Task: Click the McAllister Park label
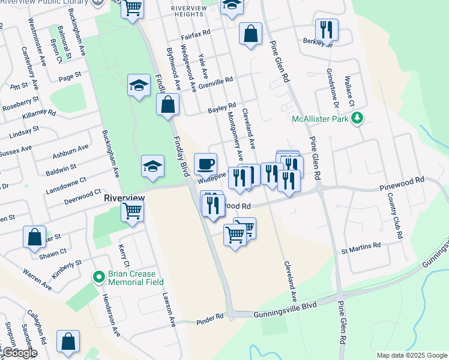pos(320,119)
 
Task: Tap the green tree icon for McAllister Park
pos(358,118)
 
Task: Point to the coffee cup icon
pos(206,164)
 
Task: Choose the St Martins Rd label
pos(361,245)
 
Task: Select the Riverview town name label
pos(124,197)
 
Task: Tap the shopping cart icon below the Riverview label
pos(132,211)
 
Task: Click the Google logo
pos(19,353)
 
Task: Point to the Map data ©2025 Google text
pos(411,355)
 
